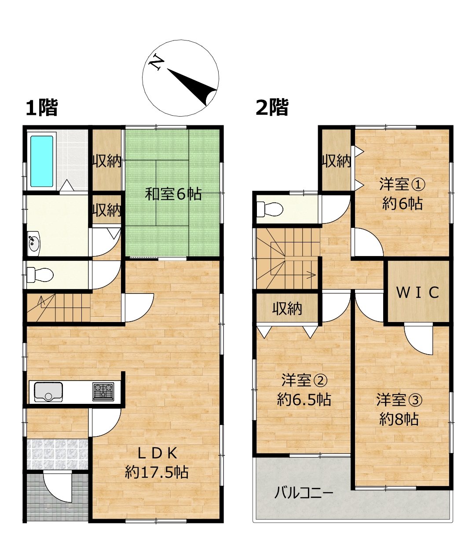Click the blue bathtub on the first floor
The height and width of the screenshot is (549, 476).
tap(42, 161)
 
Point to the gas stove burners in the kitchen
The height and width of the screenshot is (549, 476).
tap(103, 392)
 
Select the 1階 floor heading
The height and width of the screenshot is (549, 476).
tap(42, 108)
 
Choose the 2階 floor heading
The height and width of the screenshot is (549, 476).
tap(272, 107)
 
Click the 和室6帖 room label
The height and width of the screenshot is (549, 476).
tap(173, 194)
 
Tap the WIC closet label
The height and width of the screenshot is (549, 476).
tap(417, 293)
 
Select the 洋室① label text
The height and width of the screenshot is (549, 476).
tap(403, 185)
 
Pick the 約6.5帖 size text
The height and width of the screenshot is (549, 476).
tap(304, 399)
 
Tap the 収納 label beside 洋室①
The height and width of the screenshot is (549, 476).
tap(337, 161)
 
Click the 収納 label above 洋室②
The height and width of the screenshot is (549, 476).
tap(287, 309)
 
